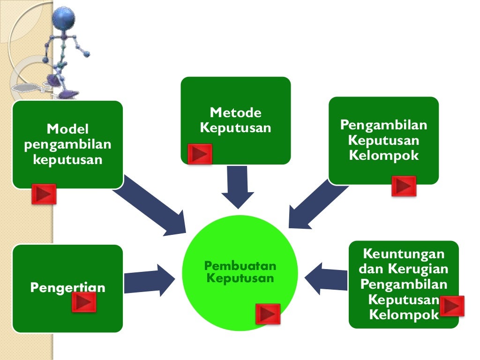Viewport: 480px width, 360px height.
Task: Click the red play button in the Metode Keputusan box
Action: click(200, 154)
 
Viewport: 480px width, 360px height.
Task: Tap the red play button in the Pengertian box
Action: click(84, 302)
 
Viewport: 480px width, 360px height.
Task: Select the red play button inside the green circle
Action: click(268, 314)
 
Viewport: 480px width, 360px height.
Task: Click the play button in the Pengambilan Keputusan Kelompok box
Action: click(404, 186)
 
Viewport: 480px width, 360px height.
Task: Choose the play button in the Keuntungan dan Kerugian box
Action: click(452, 306)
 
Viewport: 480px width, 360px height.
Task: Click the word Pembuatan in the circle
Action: click(240, 266)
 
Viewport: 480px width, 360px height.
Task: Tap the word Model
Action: click(67, 129)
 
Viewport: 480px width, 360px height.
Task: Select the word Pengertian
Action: click(67, 287)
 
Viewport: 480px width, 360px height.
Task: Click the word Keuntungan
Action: click(404, 255)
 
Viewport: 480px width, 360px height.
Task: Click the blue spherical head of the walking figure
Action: click(64, 18)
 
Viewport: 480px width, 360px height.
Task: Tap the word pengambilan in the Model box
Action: click(67, 144)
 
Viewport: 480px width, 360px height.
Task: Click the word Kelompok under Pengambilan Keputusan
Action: click(383, 155)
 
